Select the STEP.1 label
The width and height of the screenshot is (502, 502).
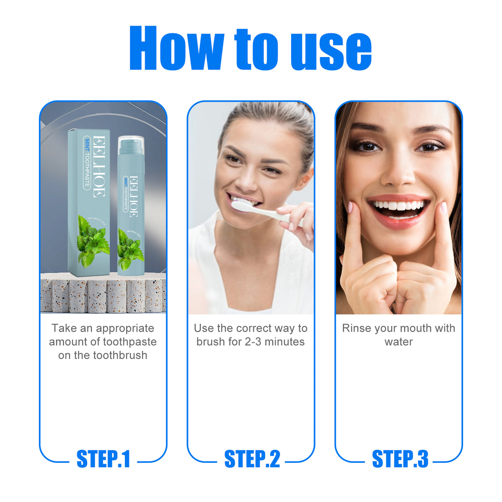coord(103,459)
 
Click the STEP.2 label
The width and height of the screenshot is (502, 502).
coord(252,459)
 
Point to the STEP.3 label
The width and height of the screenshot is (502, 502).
coord(400,459)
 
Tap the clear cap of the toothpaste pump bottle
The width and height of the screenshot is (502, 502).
coord(131,145)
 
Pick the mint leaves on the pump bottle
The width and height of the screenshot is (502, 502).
coord(130,249)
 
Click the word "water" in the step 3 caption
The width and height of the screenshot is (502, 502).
coord(399,342)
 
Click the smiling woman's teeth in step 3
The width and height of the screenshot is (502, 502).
coord(398,206)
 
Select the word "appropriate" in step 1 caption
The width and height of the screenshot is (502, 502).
coord(125,329)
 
